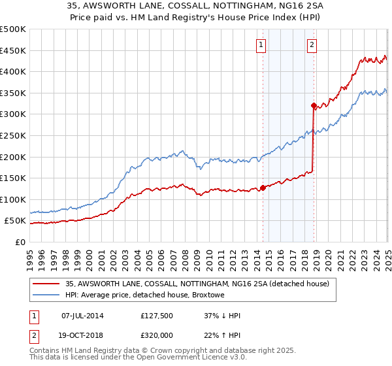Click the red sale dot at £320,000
pyautogui.click(x=314, y=105)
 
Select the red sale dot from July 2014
pyautogui.click(x=263, y=188)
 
